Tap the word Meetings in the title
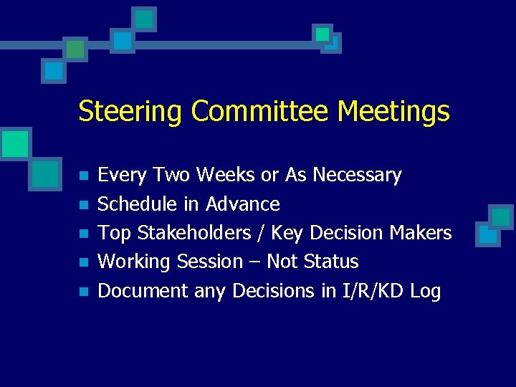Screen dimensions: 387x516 (x=393, y=113)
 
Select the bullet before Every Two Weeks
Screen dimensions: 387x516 (x=84, y=176)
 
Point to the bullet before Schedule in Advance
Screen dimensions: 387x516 (x=84, y=205)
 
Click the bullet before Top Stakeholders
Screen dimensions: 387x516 (x=84, y=234)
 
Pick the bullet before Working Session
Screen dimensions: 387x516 (x=84, y=263)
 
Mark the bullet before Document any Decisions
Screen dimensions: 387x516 (x=84, y=292)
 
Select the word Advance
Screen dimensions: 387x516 (x=243, y=204)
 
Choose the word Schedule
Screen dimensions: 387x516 (x=138, y=204)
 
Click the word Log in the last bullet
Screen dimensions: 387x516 (x=426, y=292)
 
